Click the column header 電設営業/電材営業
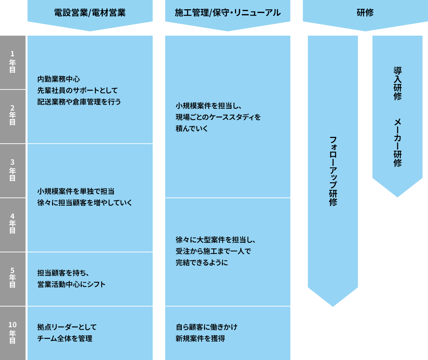tap(90, 13)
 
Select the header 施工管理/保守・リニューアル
tap(228, 13)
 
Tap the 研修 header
tap(365, 13)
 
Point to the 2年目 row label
tap(12, 115)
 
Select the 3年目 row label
tap(12, 170)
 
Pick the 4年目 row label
tap(12, 223)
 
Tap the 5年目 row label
tap(12, 278)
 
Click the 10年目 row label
tap(12, 332)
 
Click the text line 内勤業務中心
tap(58, 79)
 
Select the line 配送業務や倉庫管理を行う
tap(79, 102)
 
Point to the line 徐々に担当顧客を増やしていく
tap(85, 203)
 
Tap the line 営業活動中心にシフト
tap(71, 284)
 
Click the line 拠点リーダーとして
tap(67, 327)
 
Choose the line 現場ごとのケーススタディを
tap(218, 117)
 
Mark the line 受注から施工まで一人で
tap(213, 251)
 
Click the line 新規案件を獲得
tap(200, 339)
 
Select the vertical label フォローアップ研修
tap(333, 171)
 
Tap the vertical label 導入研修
tap(397, 83)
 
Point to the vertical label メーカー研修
tap(397, 143)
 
